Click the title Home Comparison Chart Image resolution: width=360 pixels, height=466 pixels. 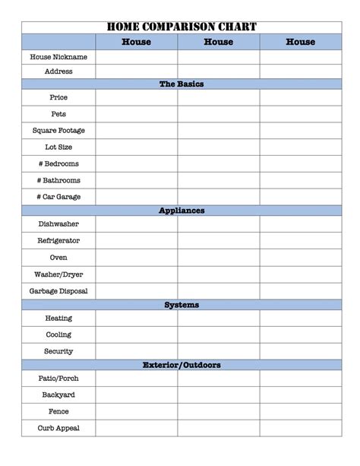click(182, 27)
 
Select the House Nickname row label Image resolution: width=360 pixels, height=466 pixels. click(58, 57)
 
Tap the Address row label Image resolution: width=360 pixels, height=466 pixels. click(58, 71)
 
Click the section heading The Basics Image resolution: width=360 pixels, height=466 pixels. click(182, 84)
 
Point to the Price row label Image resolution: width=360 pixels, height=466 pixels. click(58, 97)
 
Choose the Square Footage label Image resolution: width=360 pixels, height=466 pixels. click(58, 131)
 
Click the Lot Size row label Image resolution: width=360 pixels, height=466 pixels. click(58, 147)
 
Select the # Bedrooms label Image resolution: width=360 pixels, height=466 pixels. click(58, 163)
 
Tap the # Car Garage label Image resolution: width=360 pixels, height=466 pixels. click(58, 197)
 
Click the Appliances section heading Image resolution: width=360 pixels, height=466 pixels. click(182, 211)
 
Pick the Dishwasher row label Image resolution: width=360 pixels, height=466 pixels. click(58, 224)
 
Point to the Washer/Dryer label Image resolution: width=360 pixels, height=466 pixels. click(58, 274)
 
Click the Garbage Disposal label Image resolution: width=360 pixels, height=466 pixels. click(58, 291)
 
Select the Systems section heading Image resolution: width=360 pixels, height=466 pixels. click(182, 305)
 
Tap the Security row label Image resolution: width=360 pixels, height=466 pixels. click(58, 351)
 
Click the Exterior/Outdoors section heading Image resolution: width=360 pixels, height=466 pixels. click(182, 365)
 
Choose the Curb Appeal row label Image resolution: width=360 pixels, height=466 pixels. click(58, 428)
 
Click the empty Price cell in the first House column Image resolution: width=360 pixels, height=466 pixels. click(137, 97)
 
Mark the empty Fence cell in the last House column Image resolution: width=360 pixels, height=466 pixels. click(300, 411)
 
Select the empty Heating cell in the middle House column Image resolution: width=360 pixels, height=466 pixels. click(219, 319)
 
